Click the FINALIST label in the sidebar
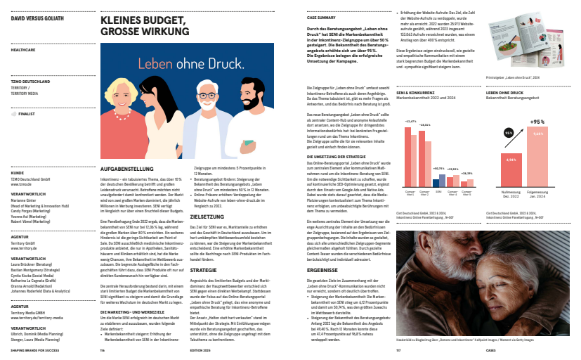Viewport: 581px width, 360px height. pos(27,111)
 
